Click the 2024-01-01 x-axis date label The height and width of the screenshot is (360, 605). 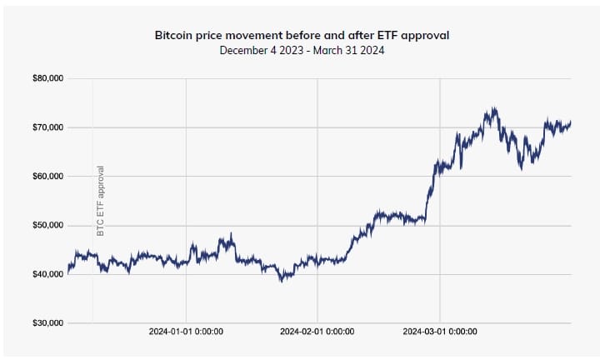186,332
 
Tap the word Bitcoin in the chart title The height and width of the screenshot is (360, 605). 174,37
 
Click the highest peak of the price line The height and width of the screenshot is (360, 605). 494,107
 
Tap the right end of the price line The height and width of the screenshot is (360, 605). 571,123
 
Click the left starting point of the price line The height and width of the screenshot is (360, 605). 68,272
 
